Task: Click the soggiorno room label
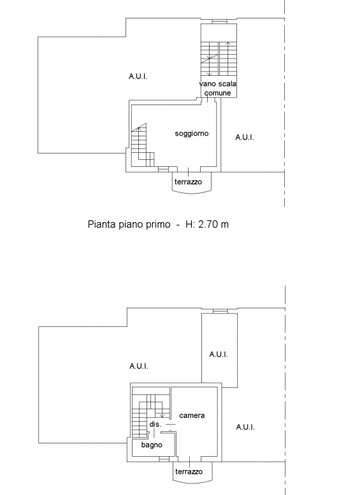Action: coord(192,134)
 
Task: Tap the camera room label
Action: coord(192,415)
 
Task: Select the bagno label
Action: coord(152,445)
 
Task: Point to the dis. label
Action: coord(155,424)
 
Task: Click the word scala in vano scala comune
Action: coord(227,84)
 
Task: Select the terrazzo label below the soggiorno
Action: coord(188,182)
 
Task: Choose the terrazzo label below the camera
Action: coord(189,471)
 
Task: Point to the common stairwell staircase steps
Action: coord(219,59)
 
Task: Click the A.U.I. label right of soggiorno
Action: coord(245,138)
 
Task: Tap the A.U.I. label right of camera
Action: coord(245,427)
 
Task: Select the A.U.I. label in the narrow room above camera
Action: coord(219,354)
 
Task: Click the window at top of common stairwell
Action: coord(219,22)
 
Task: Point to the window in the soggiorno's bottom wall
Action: coord(163,170)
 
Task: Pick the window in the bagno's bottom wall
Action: coord(164,459)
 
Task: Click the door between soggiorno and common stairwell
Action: coord(208,99)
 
